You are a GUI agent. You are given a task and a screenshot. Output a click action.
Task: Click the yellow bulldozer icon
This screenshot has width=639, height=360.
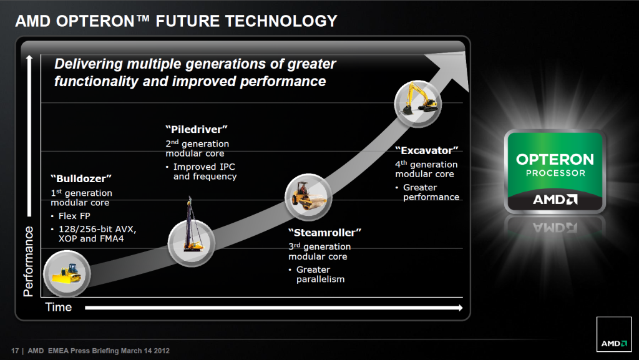[x=67, y=273]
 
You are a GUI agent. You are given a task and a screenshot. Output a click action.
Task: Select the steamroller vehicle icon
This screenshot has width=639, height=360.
[x=308, y=196]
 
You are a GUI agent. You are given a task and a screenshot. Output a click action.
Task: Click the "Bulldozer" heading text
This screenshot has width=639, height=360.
[x=81, y=178]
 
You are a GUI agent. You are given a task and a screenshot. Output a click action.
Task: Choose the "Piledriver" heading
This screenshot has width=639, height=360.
[x=197, y=129]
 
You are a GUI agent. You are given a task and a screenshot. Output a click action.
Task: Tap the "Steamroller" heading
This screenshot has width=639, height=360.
[x=324, y=233]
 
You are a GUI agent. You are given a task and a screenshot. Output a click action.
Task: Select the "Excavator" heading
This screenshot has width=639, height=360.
[x=427, y=150]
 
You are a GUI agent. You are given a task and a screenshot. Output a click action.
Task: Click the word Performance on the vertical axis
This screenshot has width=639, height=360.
[x=28, y=261]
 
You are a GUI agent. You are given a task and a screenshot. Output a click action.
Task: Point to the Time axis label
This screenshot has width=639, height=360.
[x=58, y=307]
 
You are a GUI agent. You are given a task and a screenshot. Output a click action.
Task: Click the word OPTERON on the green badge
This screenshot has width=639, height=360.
[x=555, y=159]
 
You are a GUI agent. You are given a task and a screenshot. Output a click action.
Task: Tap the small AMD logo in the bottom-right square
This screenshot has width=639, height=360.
[x=614, y=343]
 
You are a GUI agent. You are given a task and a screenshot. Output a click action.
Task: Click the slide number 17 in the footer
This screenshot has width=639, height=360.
[x=15, y=351]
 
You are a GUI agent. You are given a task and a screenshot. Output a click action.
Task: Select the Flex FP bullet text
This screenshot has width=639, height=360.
[x=74, y=216]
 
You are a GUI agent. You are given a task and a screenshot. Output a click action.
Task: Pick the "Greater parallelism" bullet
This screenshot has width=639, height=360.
[x=320, y=275]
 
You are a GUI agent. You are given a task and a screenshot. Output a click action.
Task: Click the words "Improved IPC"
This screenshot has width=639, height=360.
[x=204, y=167]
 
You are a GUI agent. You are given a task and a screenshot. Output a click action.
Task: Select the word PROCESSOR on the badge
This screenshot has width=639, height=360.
[x=555, y=173]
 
